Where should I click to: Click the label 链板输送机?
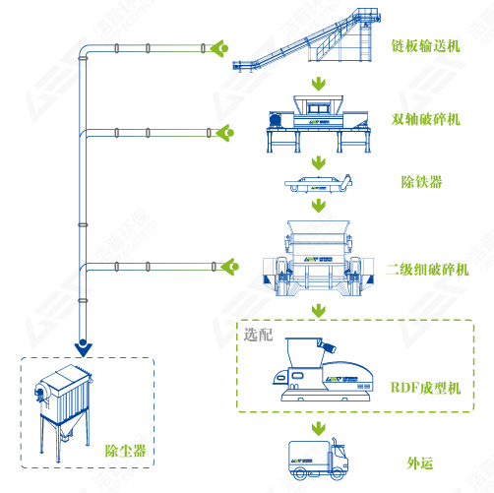(x=425, y=46)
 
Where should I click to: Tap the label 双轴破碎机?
(x=425, y=119)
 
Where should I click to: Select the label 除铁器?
(x=421, y=182)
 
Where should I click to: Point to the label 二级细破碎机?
(x=428, y=270)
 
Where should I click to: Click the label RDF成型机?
(x=425, y=388)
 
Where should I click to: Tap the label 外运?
(x=420, y=463)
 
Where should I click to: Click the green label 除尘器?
(x=125, y=451)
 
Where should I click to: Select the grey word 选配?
(x=258, y=335)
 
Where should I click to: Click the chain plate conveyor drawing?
(x=307, y=39)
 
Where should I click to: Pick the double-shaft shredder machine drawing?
(x=319, y=124)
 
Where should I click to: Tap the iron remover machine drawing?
(x=318, y=183)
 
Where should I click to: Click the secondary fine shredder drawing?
(x=318, y=258)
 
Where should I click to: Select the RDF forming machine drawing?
(x=323, y=369)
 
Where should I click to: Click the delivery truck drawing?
(x=318, y=460)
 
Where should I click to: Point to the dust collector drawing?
(x=63, y=413)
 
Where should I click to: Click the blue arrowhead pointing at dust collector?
(x=83, y=348)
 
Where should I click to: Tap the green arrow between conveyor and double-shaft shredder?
(x=319, y=85)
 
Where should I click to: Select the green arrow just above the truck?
(x=319, y=429)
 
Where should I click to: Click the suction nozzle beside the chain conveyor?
(x=219, y=48)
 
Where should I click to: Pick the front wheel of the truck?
(x=338, y=474)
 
